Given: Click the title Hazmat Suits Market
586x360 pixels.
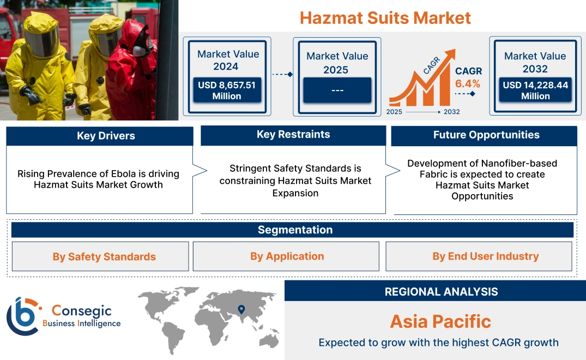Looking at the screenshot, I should [385, 17].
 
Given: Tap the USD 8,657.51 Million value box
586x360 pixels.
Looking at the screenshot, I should [227, 90].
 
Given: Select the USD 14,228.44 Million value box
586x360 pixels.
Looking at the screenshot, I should [535, 90].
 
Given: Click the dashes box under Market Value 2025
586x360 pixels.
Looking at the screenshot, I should [337, 90].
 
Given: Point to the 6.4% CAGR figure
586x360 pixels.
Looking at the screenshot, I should [468, 83].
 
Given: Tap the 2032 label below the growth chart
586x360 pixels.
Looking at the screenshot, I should [451, 112].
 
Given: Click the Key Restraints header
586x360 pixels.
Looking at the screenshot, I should [293, 135].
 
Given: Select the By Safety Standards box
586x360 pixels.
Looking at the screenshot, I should [104, 256].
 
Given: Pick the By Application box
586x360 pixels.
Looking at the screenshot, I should [287, 256].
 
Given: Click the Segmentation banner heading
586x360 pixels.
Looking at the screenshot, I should [295, 230].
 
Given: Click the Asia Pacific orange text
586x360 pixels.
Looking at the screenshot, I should [440, 321].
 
